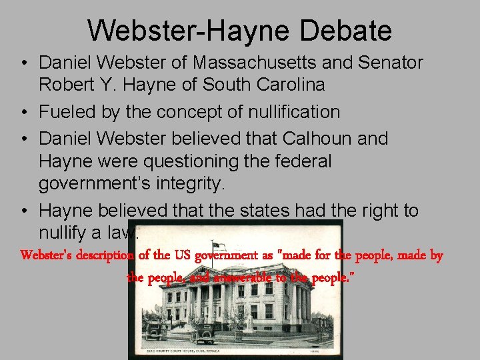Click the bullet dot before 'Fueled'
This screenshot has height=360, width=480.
(x=23, y=112)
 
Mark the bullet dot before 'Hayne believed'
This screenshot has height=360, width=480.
(x=23, y=211)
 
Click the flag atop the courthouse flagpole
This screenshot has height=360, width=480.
(x=217, y=246)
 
